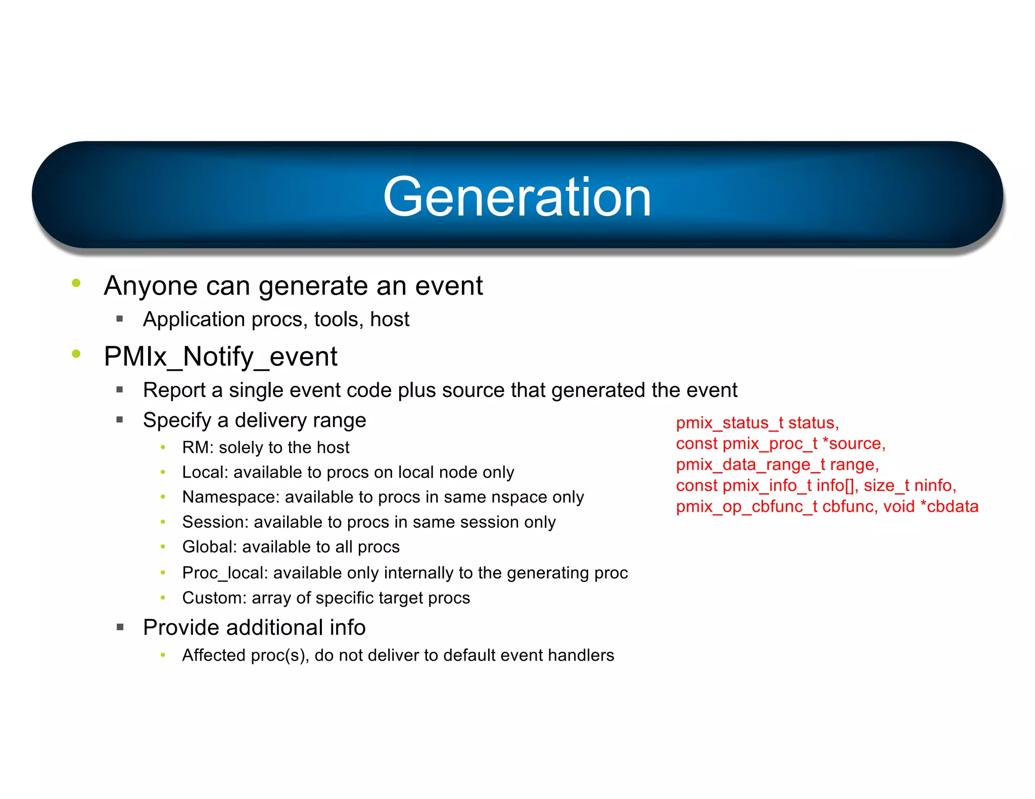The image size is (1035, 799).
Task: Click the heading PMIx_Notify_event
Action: pos(220,357)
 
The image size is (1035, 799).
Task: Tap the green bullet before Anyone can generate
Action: pos(76,283)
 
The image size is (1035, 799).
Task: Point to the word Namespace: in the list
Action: pos(230,497)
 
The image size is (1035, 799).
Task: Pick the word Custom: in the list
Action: pos(214,598)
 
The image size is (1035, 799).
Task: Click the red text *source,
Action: pos(854,444)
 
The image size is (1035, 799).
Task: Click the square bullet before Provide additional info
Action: pos(120,627)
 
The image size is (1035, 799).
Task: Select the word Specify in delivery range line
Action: pos(177,421)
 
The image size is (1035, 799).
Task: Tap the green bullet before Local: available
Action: pos(163,472)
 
